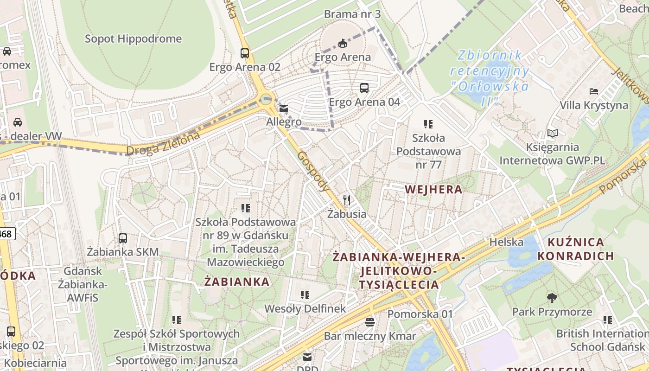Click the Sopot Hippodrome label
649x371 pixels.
(x=133, y=38)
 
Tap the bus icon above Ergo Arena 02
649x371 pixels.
(x=245, y=53)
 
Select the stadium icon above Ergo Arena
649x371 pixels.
(x=343, y=43)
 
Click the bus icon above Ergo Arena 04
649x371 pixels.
(x=364, y=88)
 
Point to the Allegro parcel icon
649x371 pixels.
(x=283, y=109)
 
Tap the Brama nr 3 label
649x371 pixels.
(x=352, y=14)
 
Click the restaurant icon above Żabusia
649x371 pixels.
(x=347, y=200)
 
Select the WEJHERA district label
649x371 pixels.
(x=433, y=189)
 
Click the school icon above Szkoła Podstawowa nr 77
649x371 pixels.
(x=428, y=124)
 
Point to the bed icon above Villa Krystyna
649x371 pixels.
(x=594, y=91)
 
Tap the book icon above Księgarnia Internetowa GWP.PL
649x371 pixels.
(x=552, y=134)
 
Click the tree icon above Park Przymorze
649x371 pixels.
(x=552, y=298)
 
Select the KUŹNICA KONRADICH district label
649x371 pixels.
(x=576, y=249)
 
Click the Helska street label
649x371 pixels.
(x=507, y=242)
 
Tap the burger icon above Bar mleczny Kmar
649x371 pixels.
(x=370, y=322)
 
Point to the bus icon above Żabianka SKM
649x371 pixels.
(x=123, y=238)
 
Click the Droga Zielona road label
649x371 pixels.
(x=163, y=143)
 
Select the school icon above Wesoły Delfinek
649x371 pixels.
(x=305, y=294)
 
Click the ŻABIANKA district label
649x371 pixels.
(x=237, y=281)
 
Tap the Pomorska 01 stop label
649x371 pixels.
(x=420, y=314)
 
